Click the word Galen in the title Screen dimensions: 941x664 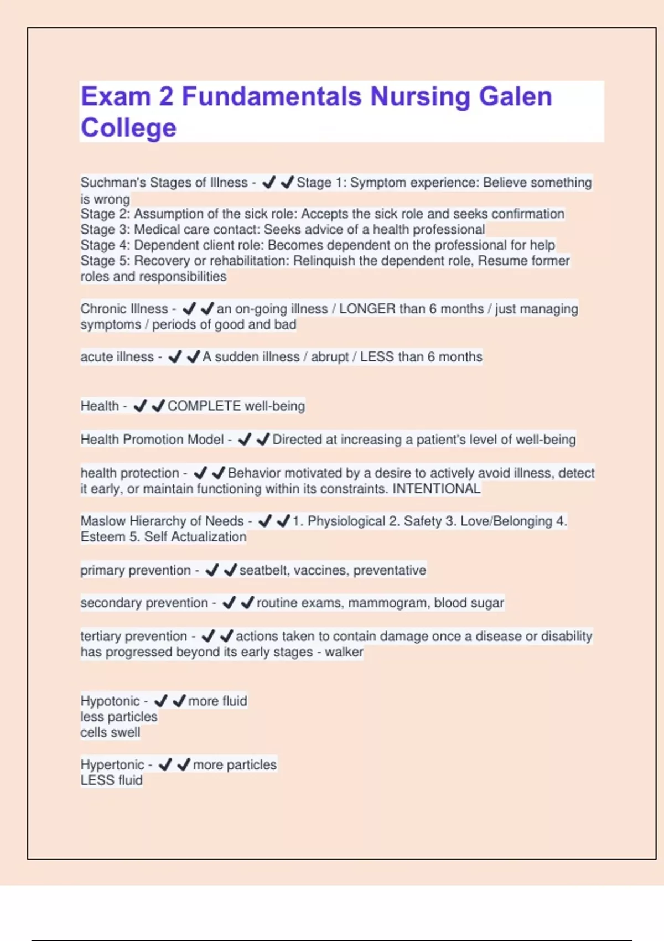[x=515, y=96]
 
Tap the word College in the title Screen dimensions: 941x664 [x=128, y=128]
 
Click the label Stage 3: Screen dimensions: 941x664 [x=105, y=230]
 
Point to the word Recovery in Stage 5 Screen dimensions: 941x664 [x=159, y=261]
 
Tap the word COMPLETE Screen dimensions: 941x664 [x=204, y=406]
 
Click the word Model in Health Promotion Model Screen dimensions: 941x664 [x=205, y=440]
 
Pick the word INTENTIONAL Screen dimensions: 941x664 [x=436, y=489]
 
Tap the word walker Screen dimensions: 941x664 [x=344, y=652]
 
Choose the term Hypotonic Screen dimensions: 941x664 [x=110, y=701]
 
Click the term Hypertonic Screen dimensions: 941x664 [x=112, y=765]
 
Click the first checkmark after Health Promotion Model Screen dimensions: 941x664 [x=245, y=440]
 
